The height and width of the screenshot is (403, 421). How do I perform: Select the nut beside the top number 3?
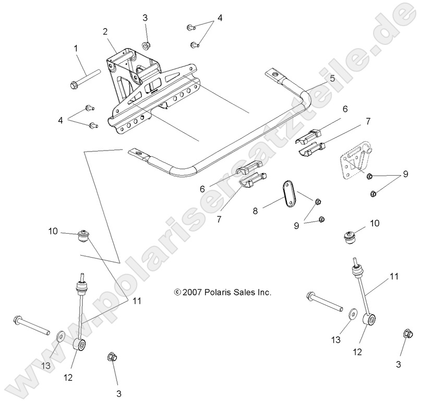[x=147, y=44]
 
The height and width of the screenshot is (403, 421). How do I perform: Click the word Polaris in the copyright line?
[x=218, y=293]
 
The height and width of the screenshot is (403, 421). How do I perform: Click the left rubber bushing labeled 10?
[x=83, y=237]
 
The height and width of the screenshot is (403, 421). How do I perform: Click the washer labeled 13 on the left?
[x=61, y=335]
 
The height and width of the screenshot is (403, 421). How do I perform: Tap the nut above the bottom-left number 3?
[x=111, y=358]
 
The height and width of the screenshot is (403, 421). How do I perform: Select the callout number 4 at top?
[x=220, y=18]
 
